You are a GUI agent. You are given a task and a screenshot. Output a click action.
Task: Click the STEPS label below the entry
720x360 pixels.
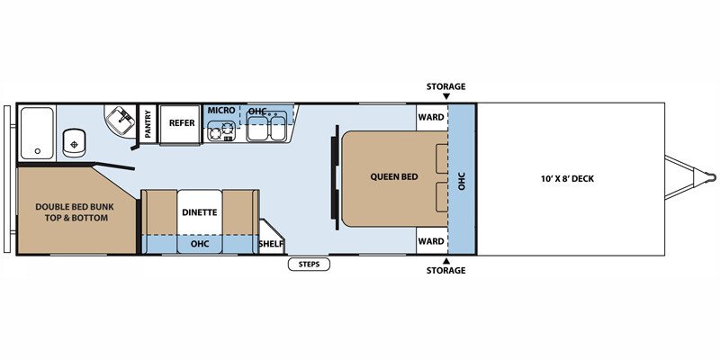tap(309, 265)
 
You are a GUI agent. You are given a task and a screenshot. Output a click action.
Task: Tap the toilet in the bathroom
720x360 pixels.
tap(74, 142)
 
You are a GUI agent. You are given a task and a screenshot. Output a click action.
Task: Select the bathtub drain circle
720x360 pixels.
tap(38, 151)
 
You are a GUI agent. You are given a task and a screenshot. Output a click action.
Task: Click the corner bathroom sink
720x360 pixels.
tap(121, 121)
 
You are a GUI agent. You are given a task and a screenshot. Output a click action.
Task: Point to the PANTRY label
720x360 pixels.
tap(148, 123)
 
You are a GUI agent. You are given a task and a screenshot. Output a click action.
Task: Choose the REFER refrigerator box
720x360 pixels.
tap(181, 123)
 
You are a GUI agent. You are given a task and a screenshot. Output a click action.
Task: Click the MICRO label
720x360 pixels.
tap(221, 110)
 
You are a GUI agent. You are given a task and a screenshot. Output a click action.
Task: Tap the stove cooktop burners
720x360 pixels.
tap(221, 130)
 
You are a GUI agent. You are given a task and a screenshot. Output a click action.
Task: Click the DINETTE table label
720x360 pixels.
tap(199, 212)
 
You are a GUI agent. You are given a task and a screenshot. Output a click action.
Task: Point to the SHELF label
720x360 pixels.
tap(271, 243)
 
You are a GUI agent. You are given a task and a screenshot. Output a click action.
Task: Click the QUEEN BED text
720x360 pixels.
tap(394, 176)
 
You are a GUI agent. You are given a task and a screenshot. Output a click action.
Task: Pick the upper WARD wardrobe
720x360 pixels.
tap(432, 118)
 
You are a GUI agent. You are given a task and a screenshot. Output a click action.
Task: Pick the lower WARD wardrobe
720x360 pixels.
tap(432, 240)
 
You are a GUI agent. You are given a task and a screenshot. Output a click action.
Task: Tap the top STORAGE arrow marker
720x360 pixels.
tap(446, 96)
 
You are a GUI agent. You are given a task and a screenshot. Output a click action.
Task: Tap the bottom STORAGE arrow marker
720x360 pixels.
tap(446, 260)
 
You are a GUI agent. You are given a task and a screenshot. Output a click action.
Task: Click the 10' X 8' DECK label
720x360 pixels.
tap(567, 179)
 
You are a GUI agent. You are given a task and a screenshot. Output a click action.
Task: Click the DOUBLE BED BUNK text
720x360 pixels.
tap(75, 207)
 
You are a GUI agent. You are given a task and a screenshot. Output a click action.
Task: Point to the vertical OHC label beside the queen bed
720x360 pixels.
tap(462, 181)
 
